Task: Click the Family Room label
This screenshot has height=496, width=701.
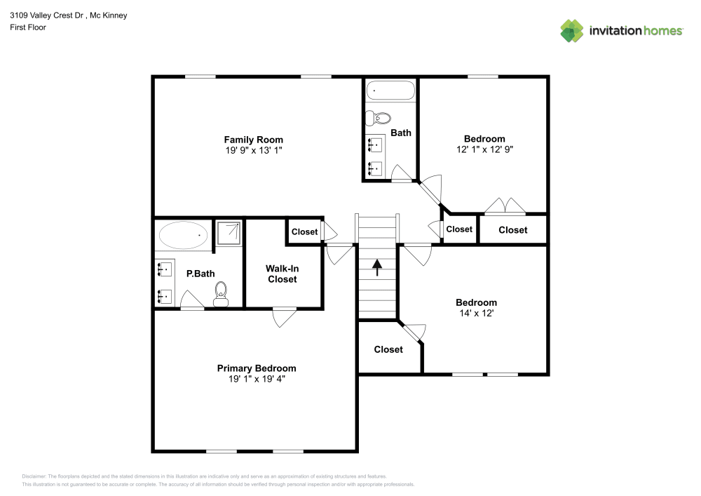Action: (x=254, y=140)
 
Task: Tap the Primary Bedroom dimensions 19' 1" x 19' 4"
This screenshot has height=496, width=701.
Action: (x=257, y=379)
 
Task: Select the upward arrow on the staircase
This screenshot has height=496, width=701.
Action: (x=377, y=267)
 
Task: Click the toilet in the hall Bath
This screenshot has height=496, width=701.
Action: (x=379, y=118)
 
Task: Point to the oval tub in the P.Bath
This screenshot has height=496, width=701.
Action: (x=183, y=235)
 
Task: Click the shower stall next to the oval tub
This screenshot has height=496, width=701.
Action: (x=229, y=232)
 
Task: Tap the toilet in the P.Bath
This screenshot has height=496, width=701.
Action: (x=221, y=294)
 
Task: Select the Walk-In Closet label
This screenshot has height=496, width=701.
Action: (x=282, y=274)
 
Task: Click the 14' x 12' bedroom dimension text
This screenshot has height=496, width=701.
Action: (x=477, y=313)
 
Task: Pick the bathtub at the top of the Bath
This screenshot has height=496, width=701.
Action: (x=390, y=91)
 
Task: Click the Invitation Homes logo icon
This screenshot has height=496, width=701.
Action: (x=572, y=31)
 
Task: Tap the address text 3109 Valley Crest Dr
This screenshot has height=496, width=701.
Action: (x=47, y=15)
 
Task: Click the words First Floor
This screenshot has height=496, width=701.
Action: (x=28, y=27)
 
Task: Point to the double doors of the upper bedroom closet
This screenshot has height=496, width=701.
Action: (x=505, y=206)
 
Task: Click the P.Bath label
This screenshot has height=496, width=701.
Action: (x=200, y=274)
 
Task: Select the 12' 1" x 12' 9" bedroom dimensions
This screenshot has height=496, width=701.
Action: (x=484, y=149)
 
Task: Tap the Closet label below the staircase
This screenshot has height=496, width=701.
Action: (x=388, y=349)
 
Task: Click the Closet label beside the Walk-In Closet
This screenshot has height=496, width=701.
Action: (x=304, y=232)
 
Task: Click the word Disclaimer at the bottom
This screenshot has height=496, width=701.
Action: (x=34, y=476)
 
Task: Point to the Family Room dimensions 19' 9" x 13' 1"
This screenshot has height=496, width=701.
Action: (x=254, y=150)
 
